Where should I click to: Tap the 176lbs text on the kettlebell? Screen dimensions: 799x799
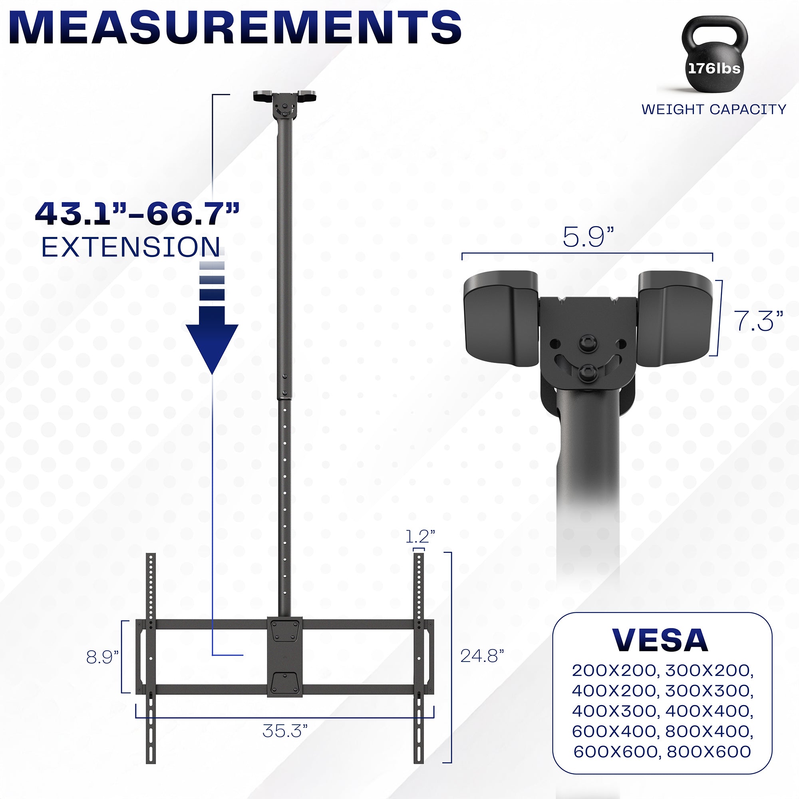click(x=714, y=68)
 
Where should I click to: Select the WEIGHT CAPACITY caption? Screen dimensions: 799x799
click(x=714, y=109)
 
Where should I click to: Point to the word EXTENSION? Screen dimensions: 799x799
click(x=131, y=247)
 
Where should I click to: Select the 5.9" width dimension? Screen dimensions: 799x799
click(x=588, y=237)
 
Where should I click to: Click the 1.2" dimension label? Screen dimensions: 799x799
click(x=420, y=537)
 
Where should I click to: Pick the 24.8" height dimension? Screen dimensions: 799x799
click(x=482, y=656)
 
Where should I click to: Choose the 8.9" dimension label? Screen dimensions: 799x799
click(x=102, y=657)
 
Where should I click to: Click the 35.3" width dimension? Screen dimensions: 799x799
click(x=285, y=731)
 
